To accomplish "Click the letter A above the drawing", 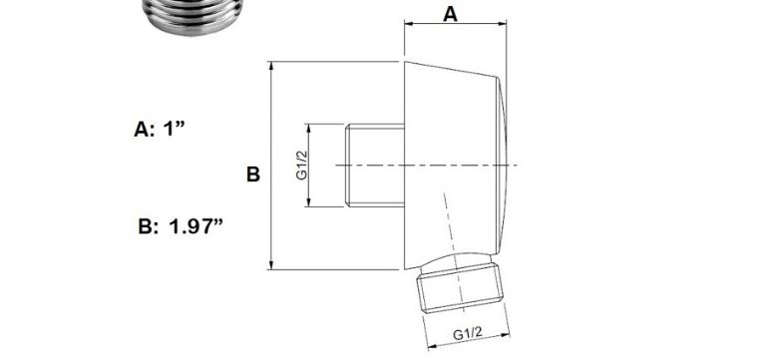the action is (450, 14).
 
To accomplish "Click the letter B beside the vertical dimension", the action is (253, 175).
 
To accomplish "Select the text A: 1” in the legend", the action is (160, 130).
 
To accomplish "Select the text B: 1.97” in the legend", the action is (181, 226).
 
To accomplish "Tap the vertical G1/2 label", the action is (302, 166).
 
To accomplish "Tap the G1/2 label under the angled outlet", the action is (467, 334).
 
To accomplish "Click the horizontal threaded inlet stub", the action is (375, 166).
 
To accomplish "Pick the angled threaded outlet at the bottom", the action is (459, 287).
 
